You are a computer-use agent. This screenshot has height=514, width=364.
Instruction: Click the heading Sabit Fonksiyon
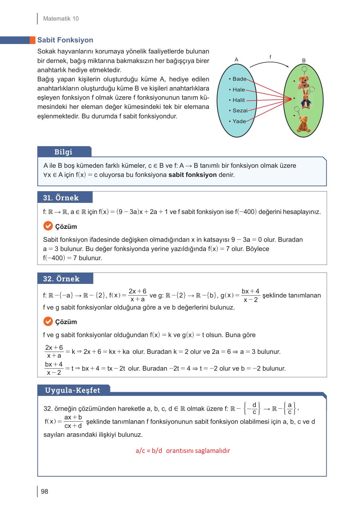click(65, 40)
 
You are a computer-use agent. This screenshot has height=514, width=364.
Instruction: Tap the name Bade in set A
click(239, 79)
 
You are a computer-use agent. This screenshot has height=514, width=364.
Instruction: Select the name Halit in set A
click(238, 100)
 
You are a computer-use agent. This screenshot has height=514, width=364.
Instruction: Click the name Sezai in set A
click(240, 110)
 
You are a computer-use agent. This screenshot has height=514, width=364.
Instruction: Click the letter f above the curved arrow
click(270, 57)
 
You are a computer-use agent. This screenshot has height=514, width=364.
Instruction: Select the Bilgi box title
click(63, 152)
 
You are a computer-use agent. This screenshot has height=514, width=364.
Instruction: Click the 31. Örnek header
click(61, 198)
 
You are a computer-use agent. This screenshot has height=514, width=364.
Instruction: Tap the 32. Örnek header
click(61, 279)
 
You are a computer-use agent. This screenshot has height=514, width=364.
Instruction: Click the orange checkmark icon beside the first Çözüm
click(47, 226)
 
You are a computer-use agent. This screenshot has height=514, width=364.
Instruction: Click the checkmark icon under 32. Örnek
click(47, 322)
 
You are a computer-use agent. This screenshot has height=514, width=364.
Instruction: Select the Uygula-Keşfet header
click(72, 390)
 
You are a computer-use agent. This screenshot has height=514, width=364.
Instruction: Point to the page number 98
click(45, 492)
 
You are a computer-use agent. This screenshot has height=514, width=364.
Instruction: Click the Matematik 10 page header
click(61, 19)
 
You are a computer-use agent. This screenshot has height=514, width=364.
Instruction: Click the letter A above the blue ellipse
click(236, 60)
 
